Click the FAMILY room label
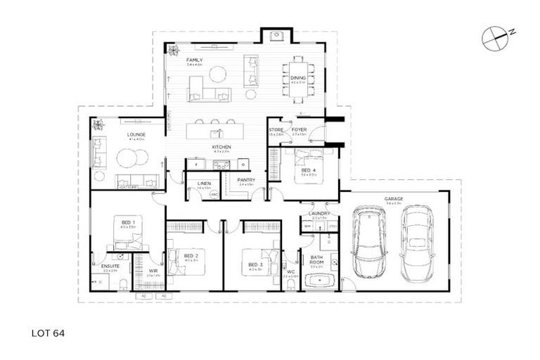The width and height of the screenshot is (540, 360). pyautogui.click(x=195, y=60)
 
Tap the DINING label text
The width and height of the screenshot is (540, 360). pyautogui.click(x=298, y=78)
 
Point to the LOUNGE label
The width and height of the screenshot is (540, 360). pyautogui.click(x=136, y=134)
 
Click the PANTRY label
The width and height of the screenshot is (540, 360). pyautogui.click(x=245, y=180)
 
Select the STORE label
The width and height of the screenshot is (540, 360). pyautogui.click(x=275, y=130)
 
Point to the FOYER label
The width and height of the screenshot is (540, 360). pyautogui.click(x=299, y=130)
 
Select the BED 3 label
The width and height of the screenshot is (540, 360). pyautogui.click(x=255, y=265)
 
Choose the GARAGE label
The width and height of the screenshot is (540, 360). pyautogui.click(x=393, y=199)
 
